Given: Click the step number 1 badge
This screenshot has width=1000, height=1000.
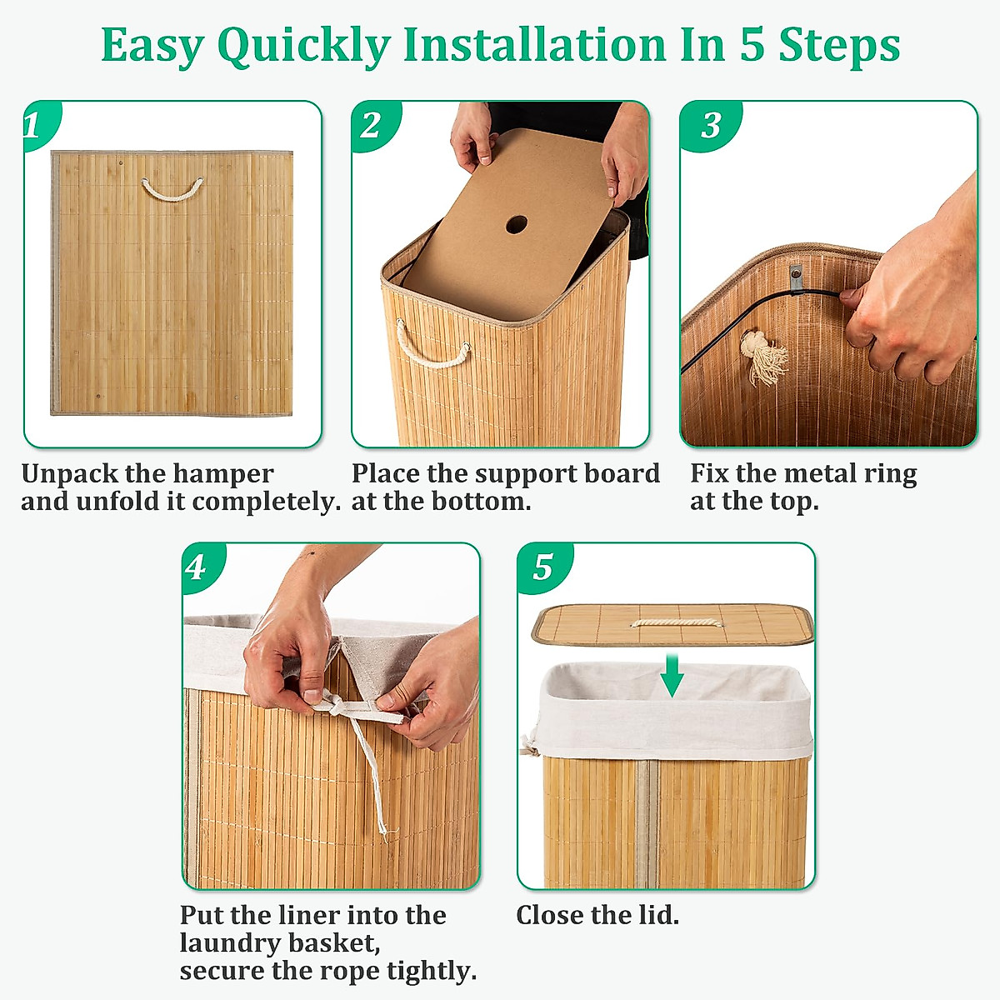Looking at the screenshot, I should coord(35,125).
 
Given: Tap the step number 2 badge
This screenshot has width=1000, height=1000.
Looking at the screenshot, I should coord(371,125).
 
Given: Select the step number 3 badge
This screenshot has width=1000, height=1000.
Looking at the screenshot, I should coord(710,125).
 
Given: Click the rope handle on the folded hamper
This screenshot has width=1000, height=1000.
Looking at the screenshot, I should coord(172,191).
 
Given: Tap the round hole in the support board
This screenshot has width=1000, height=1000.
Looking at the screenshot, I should coord(517,224).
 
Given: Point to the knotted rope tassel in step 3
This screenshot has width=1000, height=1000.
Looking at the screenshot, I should coord(762,357).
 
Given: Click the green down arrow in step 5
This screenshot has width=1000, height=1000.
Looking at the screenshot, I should coord(672,675).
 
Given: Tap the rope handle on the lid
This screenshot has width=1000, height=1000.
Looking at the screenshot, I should coord(672,622).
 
